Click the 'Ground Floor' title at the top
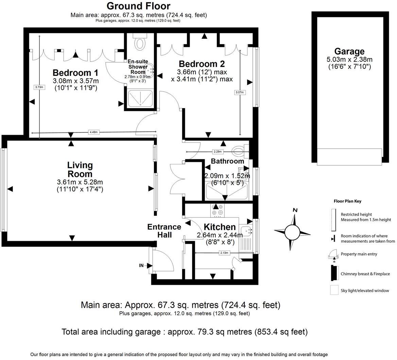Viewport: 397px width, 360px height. coord(138,6)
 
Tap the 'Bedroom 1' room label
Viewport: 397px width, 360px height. coord(75,73)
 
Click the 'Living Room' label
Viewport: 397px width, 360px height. coord(80,169)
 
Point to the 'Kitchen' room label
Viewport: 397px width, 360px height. coord(219,227)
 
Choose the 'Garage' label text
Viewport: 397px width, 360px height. coord(349,51)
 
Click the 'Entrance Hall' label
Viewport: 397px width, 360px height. coord(164,231)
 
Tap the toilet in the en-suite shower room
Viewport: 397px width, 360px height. coord(139,43)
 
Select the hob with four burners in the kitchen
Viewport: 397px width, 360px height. coord(217,210)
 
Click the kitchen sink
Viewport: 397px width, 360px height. coord(246,231)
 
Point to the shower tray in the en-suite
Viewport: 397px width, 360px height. coord(140,98)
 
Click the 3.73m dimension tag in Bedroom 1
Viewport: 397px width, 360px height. coord(39,87)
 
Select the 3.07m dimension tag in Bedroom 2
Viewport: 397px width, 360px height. coord(240,92)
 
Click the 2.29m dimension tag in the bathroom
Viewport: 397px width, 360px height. coord(218,151)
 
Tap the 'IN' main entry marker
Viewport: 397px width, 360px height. coord(141,265)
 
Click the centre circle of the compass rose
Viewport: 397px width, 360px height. coord(292,233)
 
